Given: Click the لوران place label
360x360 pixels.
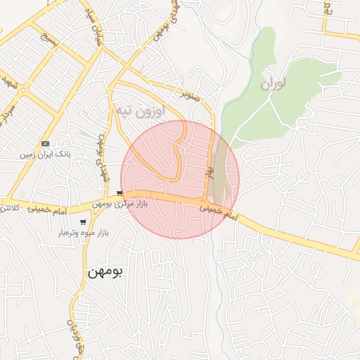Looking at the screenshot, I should click(x=273, y=84).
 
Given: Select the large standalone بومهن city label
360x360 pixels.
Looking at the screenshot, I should click(x=105, y=272).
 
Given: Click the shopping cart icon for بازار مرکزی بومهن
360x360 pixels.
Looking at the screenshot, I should click(x=121, y=193).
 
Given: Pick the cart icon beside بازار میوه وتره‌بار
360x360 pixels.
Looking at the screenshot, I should click(x=84, y=222).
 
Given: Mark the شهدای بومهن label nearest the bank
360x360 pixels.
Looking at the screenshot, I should click(x=101, y=154).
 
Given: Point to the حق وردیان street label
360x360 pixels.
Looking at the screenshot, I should click(x=72, y=335).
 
